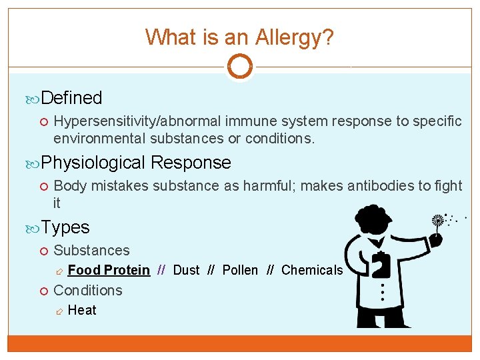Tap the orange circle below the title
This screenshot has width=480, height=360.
pos(239,67)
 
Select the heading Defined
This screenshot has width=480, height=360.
pos(71,98)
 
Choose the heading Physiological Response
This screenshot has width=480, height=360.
pos(136,163)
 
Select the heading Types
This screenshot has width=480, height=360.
pos(65,227)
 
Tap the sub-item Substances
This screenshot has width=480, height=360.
pos(91,251)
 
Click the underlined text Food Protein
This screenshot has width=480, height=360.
pos(109,270)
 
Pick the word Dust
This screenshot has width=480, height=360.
pos(186,270)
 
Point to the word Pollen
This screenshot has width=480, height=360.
pos(240,270)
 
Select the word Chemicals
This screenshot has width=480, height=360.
pos(312,270)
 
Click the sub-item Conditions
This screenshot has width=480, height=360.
pos(88,291)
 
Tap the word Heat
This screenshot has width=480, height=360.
pos(82,310)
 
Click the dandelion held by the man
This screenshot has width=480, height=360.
pos(439,221)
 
